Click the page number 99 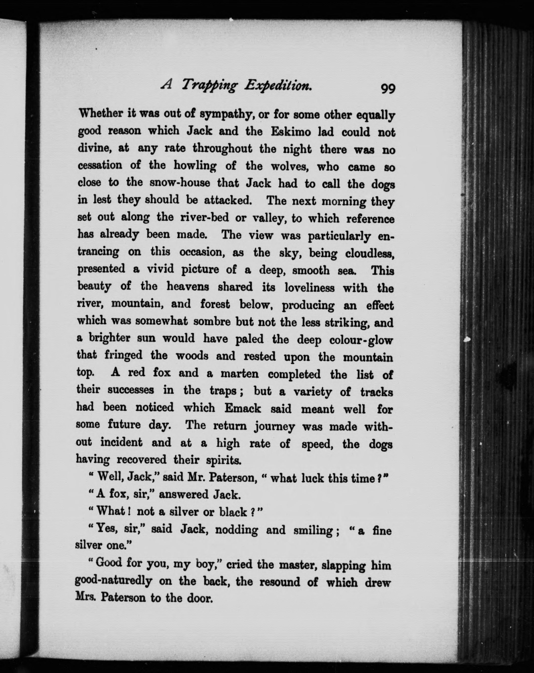(388, 89)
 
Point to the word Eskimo (291, 132)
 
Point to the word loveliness (310, 288)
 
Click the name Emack (242, 408)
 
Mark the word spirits (224, 460)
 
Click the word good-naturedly (113, 581)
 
